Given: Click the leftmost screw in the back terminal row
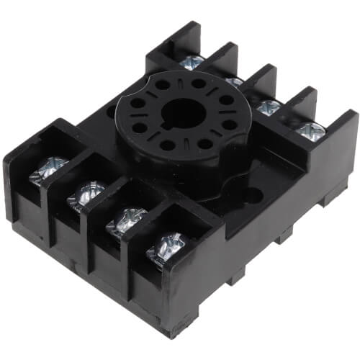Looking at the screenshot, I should coord(192,63).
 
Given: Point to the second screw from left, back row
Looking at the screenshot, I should coord(234,82).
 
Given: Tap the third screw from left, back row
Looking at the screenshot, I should coord(269,107).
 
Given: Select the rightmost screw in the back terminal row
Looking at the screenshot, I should coord(310,130).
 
